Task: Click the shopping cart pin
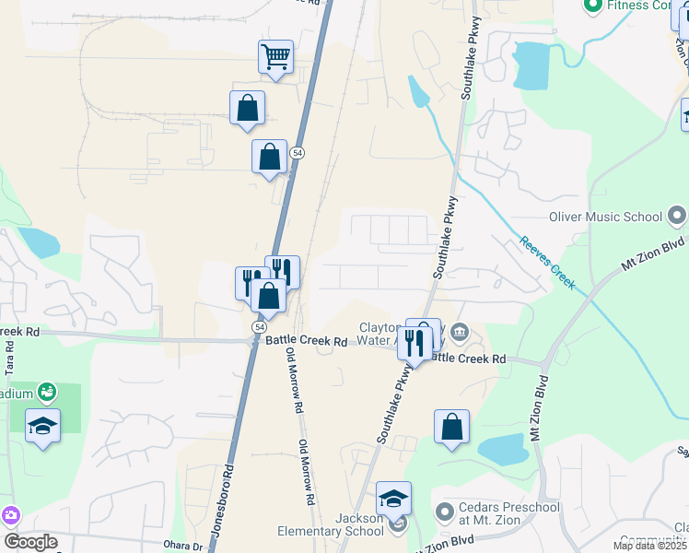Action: [275, 58]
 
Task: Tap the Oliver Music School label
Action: [604, 218]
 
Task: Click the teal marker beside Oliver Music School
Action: [677, 217]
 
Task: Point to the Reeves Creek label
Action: [548, 264]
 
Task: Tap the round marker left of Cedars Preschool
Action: [445, 510]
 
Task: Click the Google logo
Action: [30, 542]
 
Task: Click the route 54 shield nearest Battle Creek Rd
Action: [260, 327]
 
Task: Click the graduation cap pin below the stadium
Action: [43, 427]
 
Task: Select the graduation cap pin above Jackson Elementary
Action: [393, 499]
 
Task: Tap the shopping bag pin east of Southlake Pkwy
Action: [451, 428]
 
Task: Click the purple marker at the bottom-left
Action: [11, 514]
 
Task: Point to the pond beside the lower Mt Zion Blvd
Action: [503, 450]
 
